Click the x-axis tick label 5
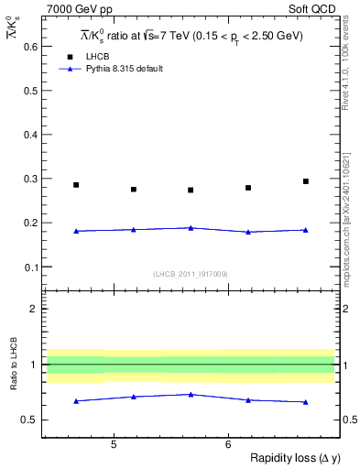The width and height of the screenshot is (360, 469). pyautogui.click(x=114, y=444)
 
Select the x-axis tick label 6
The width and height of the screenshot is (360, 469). pyautogui.click(x=228, y=444)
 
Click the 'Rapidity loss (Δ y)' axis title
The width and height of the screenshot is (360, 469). pyautogui.click(x=285, y=459)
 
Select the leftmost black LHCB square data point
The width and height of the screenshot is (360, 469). pyautogui.click(x=76, y=185)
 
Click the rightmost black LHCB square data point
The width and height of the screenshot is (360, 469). pyautogui.click(x=306, y=181)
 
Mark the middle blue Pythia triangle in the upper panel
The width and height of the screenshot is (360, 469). pyautogui.click(x=191, y=227)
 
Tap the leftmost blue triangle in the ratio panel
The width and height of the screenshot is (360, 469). pyautogui.click(x=76, y=400)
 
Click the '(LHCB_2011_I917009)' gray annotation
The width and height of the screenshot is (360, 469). pyautogui.click(x=191, y=273)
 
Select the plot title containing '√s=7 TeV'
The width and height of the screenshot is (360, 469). pyautogui.click(x=191, y=35)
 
